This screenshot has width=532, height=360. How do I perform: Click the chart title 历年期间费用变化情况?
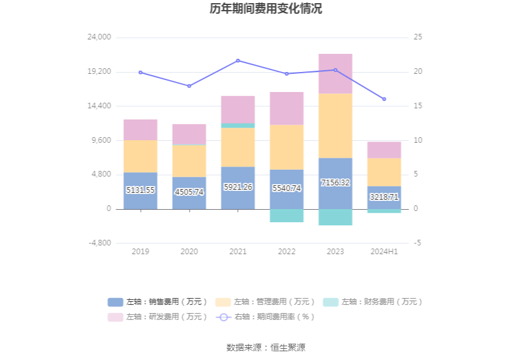(266, 9)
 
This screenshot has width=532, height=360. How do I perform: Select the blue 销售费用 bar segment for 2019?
(140, 182)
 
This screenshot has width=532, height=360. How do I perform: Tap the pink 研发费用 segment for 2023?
(335, 73)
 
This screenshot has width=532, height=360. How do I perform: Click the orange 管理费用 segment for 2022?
(287, 147)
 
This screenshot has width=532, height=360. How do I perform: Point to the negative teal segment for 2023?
(335, 217)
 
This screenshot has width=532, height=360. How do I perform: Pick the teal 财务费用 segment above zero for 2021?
(238, 126)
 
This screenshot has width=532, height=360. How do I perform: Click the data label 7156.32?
(335, 183)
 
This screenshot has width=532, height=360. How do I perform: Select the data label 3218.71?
(384, 197)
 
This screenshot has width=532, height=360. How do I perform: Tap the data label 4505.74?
(189, 192)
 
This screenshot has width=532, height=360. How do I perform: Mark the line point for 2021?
(238, 61)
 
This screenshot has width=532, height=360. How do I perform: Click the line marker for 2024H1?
(384, 99)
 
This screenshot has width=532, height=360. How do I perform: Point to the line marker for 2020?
(189, 86)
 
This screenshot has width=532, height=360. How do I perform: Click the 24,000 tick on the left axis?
(100, 38)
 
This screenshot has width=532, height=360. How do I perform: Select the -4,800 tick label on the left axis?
(100, 243)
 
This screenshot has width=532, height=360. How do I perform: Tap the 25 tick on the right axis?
(418, 38)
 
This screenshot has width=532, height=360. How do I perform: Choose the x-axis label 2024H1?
(384, 252)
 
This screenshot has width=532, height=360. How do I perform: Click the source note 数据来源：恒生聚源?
(266, 347)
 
